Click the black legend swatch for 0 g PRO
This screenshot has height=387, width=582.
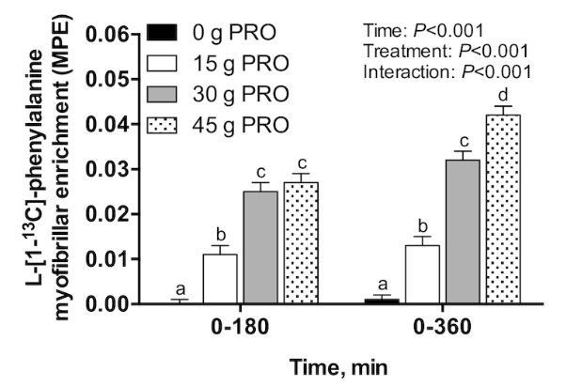(x=166, y=35)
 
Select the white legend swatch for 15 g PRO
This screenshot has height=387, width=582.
(x=166, y=65)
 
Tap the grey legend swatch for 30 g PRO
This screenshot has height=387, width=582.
(x=166, y=95)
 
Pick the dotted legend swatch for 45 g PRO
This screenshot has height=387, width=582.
(x=166, y=125)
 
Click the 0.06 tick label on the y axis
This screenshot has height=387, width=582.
(x=107, y=35)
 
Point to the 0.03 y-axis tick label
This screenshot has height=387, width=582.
(x=107, y=169)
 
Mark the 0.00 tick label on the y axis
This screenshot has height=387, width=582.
(x=107, y=303)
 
